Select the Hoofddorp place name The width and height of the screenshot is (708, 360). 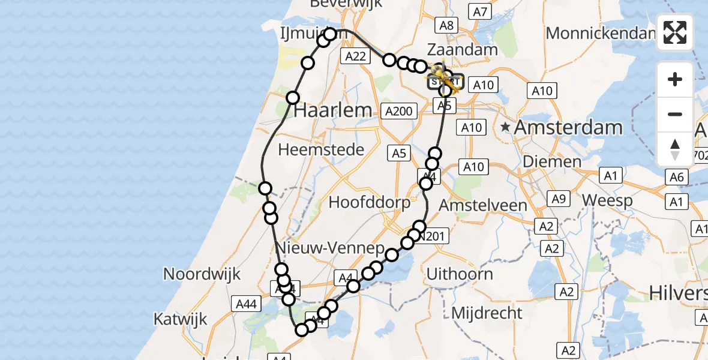370,202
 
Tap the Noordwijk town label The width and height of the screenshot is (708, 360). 202,274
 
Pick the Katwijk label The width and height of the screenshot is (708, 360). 180,318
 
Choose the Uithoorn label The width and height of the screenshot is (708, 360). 460,274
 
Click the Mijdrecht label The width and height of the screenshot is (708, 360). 487,313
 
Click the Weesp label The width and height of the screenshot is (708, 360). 607,200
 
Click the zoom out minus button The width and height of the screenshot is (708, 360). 675,114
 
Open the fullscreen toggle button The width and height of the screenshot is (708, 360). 675,32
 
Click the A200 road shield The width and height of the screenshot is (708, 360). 399,111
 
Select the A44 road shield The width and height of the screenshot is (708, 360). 247,304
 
